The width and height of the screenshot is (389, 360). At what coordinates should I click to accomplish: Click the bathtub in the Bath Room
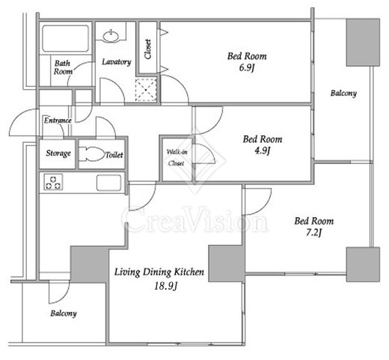point(65,38)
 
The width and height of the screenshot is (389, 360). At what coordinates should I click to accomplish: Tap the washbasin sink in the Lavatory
point(111,36)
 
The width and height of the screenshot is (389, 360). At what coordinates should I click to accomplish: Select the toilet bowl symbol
point(93,153)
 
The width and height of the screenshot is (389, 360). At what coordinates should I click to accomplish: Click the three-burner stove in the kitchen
point(53,182)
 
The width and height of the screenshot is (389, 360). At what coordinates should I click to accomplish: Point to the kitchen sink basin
point(108,183)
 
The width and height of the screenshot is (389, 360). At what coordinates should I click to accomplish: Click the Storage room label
point(58,153)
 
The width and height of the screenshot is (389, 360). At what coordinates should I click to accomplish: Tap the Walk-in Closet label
point(176,157)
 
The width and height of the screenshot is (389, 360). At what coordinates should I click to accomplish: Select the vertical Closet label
point(148,49)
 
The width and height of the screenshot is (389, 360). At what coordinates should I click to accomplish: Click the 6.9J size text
point(246,67)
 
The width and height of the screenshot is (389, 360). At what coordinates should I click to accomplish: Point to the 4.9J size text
point(263,150)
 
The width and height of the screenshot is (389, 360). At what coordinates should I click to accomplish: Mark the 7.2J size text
point(313,233)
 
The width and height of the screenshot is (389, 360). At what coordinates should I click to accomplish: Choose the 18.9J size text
point(165,286)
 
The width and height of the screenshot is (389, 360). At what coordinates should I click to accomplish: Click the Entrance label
point(58,120)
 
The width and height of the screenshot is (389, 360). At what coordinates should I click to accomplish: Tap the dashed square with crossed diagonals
point(146,90)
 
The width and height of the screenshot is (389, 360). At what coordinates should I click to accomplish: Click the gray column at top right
point(363,43)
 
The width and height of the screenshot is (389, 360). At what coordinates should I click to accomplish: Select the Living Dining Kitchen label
point(159,272)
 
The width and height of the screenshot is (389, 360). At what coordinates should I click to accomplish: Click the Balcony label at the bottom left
point(64,314)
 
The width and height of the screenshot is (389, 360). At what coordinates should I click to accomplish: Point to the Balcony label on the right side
point(343,94)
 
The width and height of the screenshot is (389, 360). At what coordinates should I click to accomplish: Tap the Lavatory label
point(117,62)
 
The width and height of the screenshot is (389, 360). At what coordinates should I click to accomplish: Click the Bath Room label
point(63,67)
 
